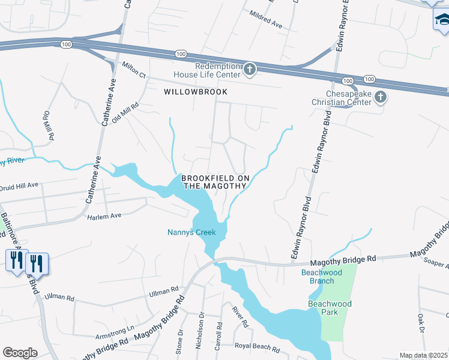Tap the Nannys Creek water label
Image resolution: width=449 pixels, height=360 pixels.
coord(191,232)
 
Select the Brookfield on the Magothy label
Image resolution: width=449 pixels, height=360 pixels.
coord(214,182)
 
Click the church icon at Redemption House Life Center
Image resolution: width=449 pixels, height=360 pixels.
coord(250,70)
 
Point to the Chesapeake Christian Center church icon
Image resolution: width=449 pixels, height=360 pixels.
coord(380,97)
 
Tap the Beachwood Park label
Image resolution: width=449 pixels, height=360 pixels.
coord(330,304)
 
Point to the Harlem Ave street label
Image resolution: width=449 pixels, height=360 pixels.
coord(104,216)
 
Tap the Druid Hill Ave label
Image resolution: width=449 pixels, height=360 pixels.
coord(19,185)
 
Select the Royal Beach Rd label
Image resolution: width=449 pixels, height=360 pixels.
coord(257,348)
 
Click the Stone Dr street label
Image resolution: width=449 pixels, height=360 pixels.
coord(179,342)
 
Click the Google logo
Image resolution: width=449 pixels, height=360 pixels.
coord(20,353)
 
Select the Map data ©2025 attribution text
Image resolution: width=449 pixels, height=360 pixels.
coord(423,355)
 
